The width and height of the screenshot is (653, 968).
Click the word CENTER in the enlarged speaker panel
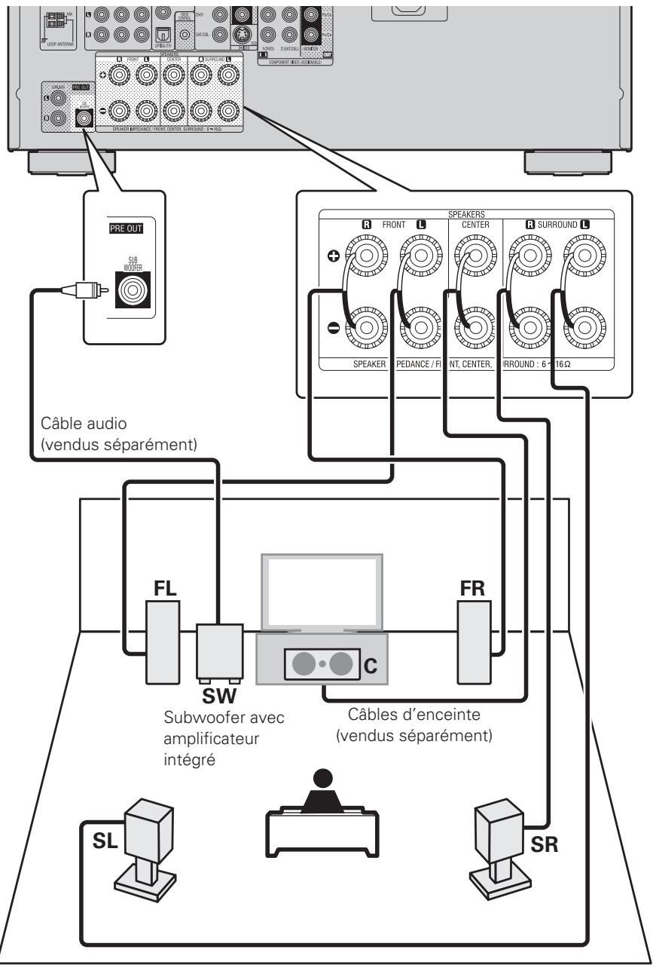click(x=470, y=223)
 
